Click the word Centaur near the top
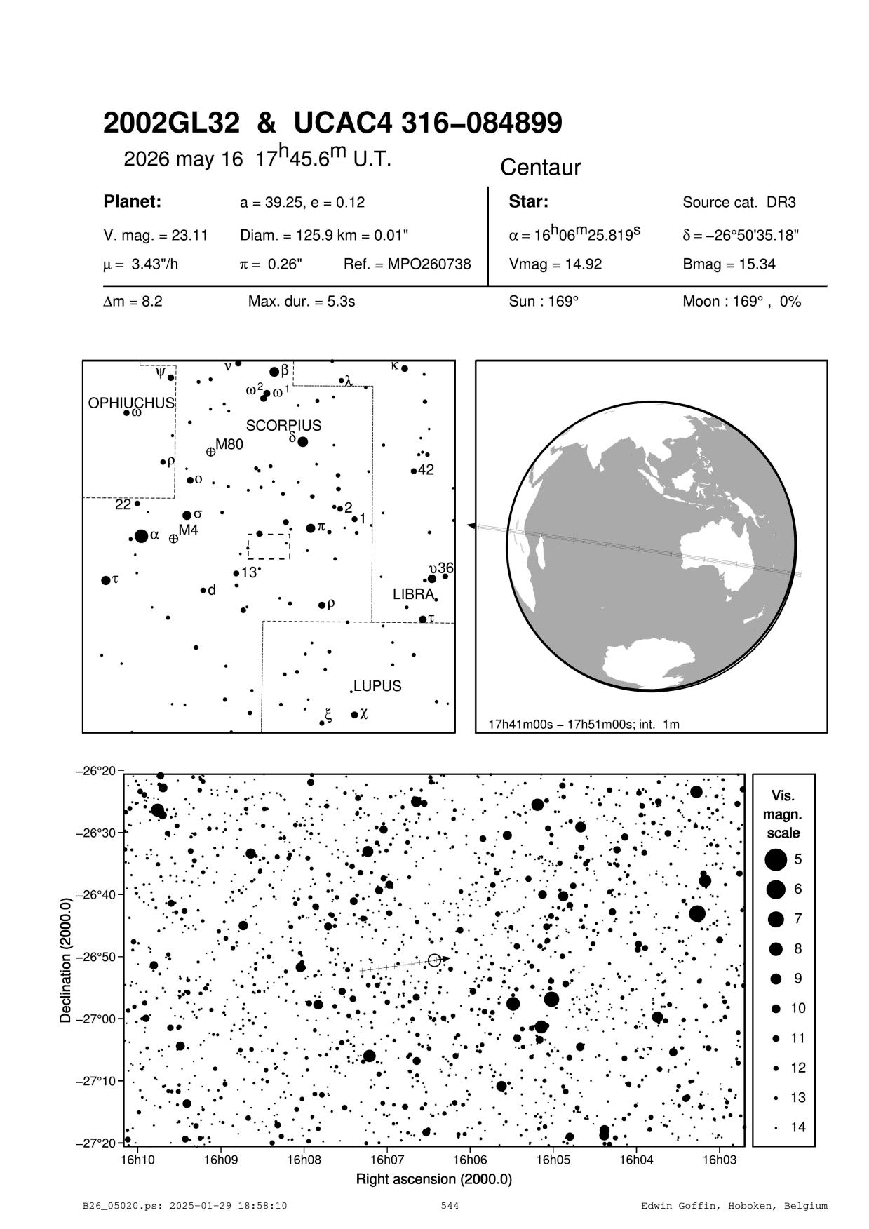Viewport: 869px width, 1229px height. click(541, 168)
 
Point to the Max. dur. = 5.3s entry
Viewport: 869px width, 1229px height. click(302, 302)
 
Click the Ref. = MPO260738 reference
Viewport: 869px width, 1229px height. click(407, 264)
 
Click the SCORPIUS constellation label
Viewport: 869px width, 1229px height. click(283, 426)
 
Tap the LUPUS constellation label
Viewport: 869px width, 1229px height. click(377, 686)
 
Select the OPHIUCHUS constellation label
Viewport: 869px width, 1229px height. click(131, 403)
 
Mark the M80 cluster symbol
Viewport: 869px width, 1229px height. click(210, 452)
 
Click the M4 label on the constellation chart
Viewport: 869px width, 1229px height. click(189, 530)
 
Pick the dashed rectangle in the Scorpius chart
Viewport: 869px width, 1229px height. click(269, 546)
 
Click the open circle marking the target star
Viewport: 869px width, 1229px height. click(434, 960)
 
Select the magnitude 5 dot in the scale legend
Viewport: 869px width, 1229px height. click(776, 859)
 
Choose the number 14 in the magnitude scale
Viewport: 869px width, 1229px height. click(798, 1127)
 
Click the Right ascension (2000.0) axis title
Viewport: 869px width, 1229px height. click(434, 1179)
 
